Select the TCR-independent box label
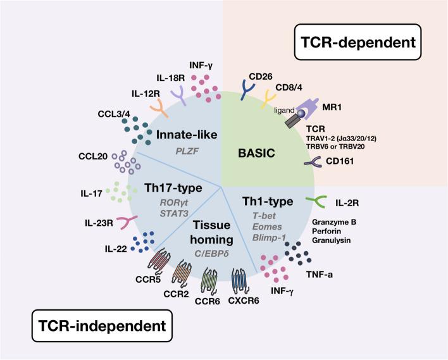click(x=92, y=326)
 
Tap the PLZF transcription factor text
click(x=183, y=151)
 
